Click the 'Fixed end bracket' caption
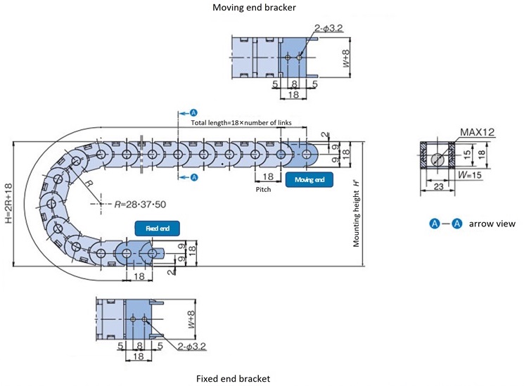coord(233,378)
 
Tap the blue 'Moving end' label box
coord(309,180)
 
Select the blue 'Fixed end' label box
coord(158,229)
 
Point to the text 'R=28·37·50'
coord(141,204)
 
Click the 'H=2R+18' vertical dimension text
coord(8,205)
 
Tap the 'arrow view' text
coord(492,224)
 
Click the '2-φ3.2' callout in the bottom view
coord(192,346)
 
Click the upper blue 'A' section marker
coord(194,112)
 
